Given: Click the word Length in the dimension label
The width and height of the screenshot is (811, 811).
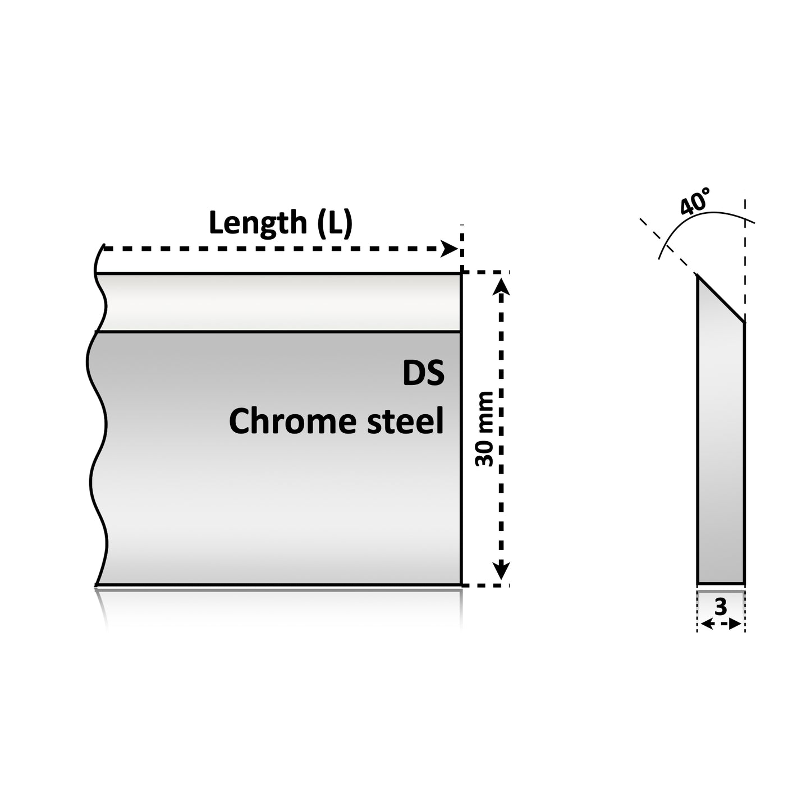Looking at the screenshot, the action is (258, 223).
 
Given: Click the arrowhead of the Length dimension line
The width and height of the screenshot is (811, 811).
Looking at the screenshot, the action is (449, 248).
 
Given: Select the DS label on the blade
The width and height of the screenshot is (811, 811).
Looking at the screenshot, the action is (423, 373).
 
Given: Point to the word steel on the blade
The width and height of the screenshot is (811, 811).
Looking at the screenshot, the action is (406, 421).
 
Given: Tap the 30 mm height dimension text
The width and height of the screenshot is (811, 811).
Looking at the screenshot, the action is (484, 428).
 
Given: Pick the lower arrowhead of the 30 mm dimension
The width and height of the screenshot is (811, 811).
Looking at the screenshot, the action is (501, 570).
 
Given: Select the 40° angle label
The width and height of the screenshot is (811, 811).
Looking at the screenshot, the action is (695, 201).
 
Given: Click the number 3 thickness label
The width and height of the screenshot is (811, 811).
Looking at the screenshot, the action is (721, 607).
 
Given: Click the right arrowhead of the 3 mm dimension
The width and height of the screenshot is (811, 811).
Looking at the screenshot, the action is (735, 624).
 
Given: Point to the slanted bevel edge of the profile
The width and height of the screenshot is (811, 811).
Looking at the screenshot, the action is (721, 299).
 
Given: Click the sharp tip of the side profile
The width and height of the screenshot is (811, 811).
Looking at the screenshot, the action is (698, 274).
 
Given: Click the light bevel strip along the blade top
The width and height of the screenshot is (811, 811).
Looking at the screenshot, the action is (278, 303).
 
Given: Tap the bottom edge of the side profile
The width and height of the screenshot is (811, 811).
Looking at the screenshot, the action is (721, 584).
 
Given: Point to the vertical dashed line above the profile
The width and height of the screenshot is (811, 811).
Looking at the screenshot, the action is (745, 260).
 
